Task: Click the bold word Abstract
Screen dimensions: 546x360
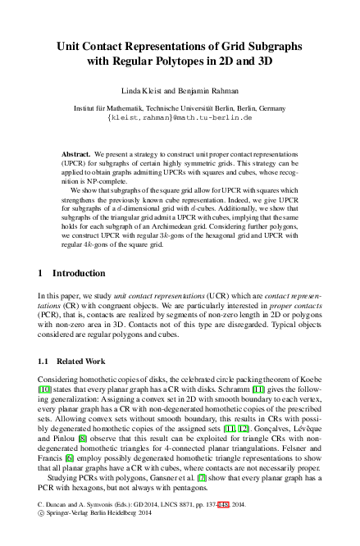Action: tap(77, 154)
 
